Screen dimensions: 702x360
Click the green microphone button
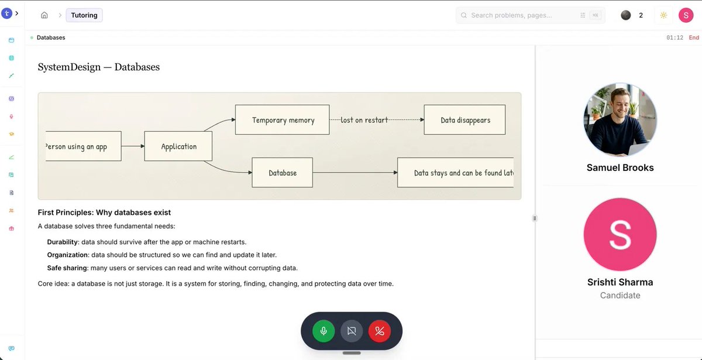coord(324,331)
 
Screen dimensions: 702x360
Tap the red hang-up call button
coord(380,331)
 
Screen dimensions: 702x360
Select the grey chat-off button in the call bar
coord(352,331)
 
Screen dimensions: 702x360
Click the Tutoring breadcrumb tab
coord(84,15)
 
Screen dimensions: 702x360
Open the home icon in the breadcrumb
coord(44,15)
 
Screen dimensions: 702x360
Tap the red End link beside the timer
coord(694,37)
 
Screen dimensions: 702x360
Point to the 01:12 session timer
coord(675,37)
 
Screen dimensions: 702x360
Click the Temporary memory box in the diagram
coord(283,120)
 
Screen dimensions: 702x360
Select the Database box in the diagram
coord(283,173)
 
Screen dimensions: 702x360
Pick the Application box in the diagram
coord(178,146)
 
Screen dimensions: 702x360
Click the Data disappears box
coord(464,120)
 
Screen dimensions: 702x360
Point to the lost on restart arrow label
coord(364,120)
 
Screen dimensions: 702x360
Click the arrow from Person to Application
coord(133,146)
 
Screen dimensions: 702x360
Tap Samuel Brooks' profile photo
coord(620,119)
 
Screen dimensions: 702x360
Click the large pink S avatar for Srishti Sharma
coord(620,234)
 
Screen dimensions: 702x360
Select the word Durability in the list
coord(63,242)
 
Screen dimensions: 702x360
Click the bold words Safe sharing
coord(67,268)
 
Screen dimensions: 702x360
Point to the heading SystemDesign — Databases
coord(99,67)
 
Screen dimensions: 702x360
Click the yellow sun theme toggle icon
coord(663,15)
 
